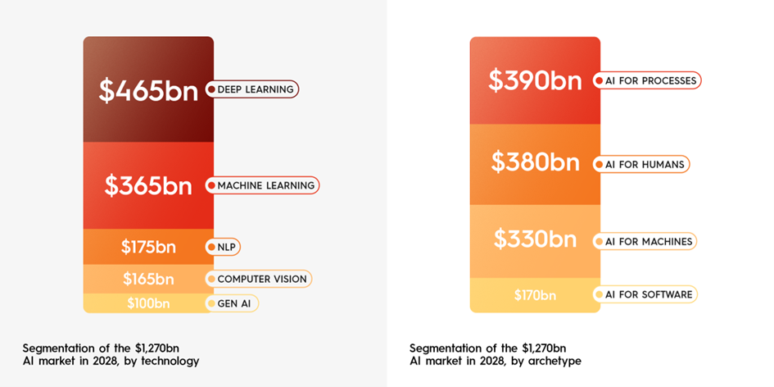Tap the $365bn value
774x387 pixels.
click(148, 185)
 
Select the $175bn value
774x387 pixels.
click(148, 247)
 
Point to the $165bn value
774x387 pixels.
click(148, 279)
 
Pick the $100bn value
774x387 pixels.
click(148, 303)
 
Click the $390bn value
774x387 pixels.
click(535, 80)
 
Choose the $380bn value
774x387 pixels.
click(535, 163)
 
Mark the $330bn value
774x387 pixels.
click(535, 240)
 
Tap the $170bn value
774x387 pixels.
click(535, 294)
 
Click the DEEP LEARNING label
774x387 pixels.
click(256, 89)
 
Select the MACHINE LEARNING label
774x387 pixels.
click(265, 185)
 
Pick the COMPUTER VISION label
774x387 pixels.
click(262, 279)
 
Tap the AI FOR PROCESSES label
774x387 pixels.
click(650, 80)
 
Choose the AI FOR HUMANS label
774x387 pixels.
click(644, 164)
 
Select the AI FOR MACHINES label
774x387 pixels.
click(648, 241)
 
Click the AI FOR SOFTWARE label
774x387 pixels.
click(648, 294)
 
